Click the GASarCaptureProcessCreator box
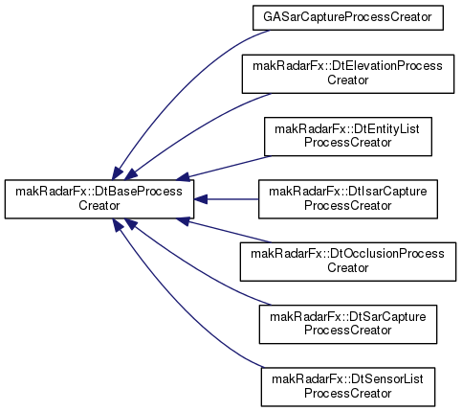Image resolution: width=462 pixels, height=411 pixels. tap(348, 17)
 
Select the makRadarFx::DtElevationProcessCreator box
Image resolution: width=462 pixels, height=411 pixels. tap(348, 74)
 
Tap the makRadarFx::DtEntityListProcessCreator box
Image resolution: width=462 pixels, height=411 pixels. tap(348, 136)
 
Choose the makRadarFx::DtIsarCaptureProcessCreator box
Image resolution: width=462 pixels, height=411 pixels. tap(348, 199)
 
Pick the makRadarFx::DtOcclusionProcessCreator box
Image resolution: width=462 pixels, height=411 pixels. tap(348, 262)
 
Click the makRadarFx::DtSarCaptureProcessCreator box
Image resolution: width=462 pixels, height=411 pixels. tap(348, 324)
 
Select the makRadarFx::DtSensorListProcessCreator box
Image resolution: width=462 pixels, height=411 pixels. tap(348, 387)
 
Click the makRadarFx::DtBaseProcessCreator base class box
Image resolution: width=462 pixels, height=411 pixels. tap(99, 199)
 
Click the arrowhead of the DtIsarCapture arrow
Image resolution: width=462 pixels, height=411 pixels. tap(201, 199)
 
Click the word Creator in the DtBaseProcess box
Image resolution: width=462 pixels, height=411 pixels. tap(99, 205)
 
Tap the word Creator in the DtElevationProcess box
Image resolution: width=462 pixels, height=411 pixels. tap(348, 80)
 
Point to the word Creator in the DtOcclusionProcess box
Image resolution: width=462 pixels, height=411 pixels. tap(348, 267)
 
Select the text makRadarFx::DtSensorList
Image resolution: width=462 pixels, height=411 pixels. tap(348, 379)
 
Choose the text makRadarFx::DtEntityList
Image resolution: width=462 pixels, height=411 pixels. tap(347, 129)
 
